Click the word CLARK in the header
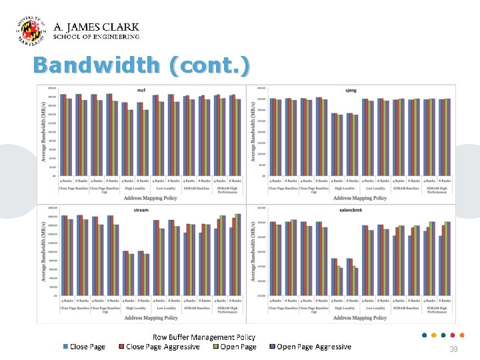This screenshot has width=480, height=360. (x=121, y=27)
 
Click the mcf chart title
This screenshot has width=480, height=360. (x=141, y=90)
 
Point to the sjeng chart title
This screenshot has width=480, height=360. (x=351, y=90)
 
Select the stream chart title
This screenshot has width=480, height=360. (x=141, y=210)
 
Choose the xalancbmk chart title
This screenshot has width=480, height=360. (x=351, y=210)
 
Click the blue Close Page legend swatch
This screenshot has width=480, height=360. (x=65, y=347)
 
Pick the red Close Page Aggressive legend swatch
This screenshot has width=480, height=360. (x=121, y=347)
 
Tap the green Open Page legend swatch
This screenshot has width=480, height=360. (x=216, y=347)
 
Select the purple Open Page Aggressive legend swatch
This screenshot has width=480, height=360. (x=272, y=347)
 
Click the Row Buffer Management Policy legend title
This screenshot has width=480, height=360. (x=203, y=337)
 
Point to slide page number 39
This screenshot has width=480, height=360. (x=453, y=349)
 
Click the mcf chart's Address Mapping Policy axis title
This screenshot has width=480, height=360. (x=151, y=198)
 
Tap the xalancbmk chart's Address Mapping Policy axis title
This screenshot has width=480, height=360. (x=360, y=318)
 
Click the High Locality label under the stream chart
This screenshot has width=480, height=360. (x=136, y=309)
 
